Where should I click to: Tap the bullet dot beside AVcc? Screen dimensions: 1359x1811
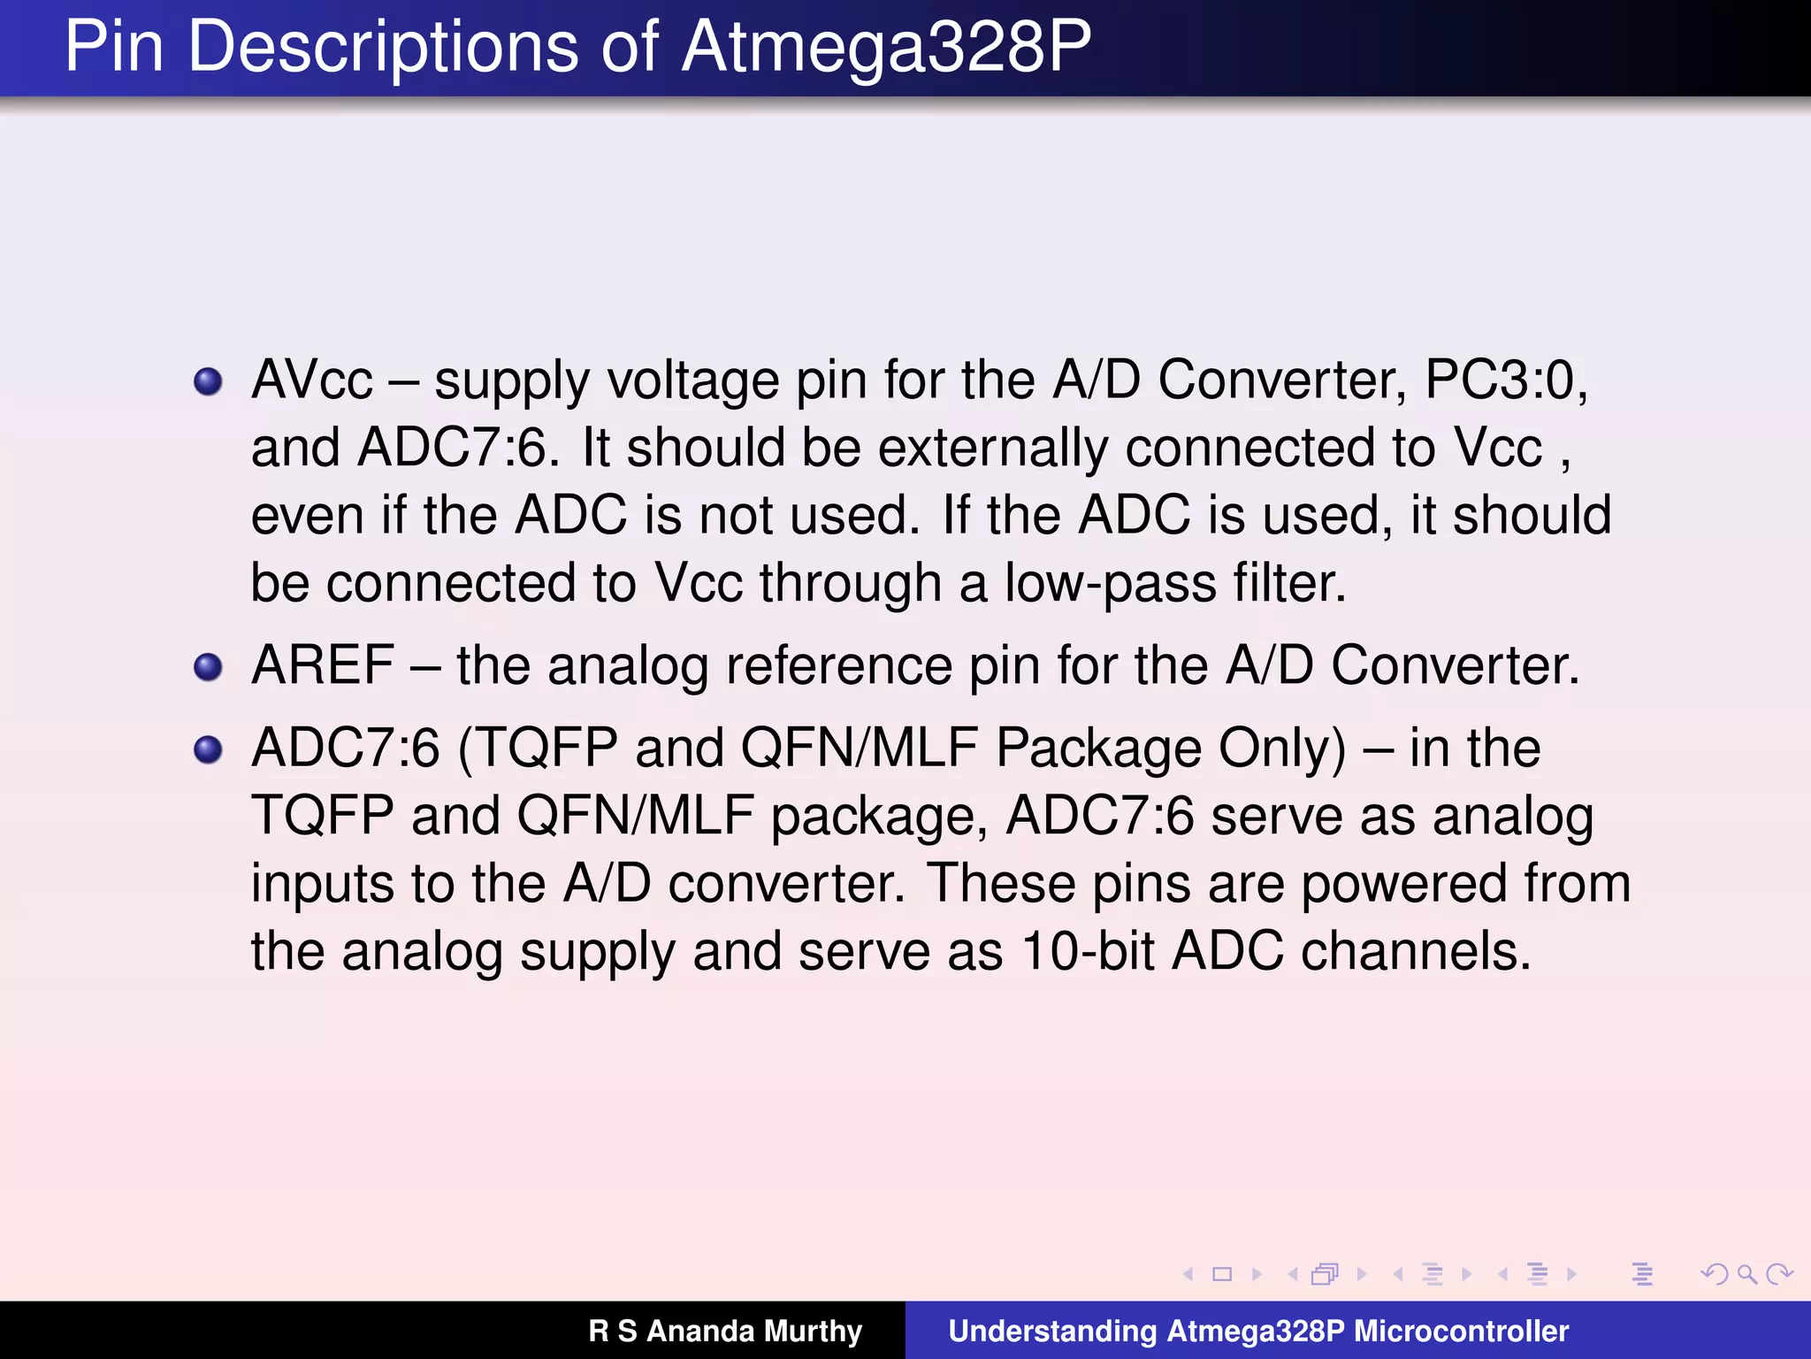pyautogui.click(x=208, y=382)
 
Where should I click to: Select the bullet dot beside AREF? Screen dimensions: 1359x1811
pyautogui.click(x=208, y=667)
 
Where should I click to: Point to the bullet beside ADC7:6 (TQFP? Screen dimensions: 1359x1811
pyautogui.click(x=208, y=749)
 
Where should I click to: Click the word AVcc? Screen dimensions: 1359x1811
pyautogui.click(x=312, y=380)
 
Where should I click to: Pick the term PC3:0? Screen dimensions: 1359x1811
pyautogui.click(x=1505, y=380)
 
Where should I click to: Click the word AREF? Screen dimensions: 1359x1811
pyautogui.click(x=323, y=665)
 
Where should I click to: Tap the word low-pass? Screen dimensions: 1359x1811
pyautogui.click(x=1110, y=584)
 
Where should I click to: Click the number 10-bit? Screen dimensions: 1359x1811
pyautogui.click(x=1088, y=952)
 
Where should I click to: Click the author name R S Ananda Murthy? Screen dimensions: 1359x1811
pyautogui.click(x=725, y=1331)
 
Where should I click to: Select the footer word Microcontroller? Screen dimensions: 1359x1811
pyautogui.click(x=1462, y=1331)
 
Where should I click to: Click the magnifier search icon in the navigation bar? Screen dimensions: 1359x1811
pyautogui.click(x=1746, y=1274)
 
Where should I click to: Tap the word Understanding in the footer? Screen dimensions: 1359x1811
pyautogui.click(x=1052, y=1331)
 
